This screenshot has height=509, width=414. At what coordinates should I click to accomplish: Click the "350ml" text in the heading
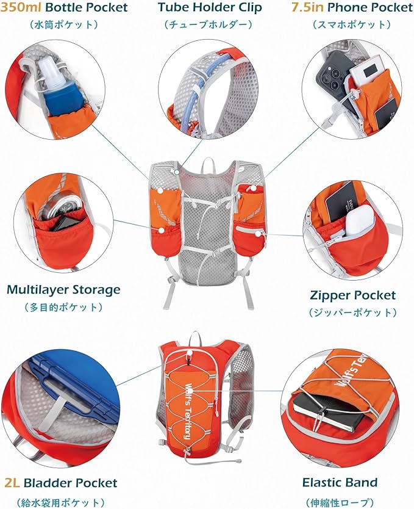(x=22, y=8)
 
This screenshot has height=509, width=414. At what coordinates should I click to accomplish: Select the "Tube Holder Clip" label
(x=209, y=8)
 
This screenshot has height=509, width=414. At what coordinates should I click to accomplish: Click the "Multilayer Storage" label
(x=63, y=289)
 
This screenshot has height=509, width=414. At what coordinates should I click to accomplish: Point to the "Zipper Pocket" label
(x=352, y=295)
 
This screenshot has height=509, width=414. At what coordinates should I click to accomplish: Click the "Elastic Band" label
(x=340, y=482)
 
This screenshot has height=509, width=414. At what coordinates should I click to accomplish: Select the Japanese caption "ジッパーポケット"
(x=352, y=312)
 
